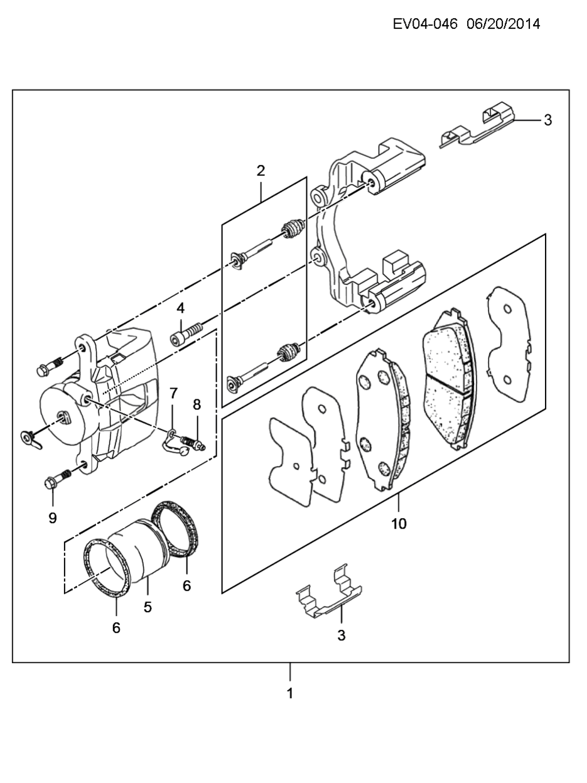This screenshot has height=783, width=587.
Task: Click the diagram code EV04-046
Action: click(x=425, y=24)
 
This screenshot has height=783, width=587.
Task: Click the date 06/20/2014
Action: click(x=504, y=24)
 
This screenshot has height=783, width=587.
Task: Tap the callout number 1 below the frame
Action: click(x=290, y=693)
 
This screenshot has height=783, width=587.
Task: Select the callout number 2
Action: click(x=261, y=171)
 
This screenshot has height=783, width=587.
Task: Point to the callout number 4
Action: click(x=181, y=308)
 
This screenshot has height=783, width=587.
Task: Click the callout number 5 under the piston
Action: click(x=148, y=607)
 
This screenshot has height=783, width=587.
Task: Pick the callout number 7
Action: click(x=173, y=394)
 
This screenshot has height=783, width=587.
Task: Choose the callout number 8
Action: click(x=197, y=404)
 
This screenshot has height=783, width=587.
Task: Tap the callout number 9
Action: click(x=53, y=518)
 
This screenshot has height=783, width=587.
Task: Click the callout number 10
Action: click(x=399, y=524)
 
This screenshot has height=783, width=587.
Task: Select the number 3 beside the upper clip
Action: click(x=548, y=120)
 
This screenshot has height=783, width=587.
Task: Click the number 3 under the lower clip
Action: click(x=342, y=635)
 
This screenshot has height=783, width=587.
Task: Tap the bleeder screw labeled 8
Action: click(x=193, y=443)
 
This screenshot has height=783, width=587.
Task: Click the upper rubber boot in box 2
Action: click(x=293, y=229)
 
